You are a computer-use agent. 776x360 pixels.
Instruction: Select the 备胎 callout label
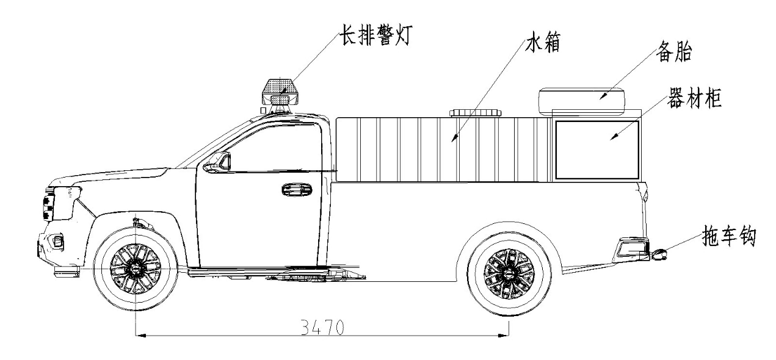(x=674, y=52)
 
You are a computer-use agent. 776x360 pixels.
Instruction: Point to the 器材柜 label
(x=695, y=100)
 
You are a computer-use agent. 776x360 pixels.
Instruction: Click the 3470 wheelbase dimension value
(x=322, y=327)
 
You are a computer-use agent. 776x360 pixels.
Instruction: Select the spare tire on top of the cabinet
(x=584, y=98)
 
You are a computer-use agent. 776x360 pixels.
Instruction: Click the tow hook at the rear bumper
(x=659, y=254)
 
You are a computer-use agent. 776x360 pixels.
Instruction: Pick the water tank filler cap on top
(x=476, y=112)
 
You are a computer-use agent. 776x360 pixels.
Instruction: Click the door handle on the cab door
(x=296, y=189)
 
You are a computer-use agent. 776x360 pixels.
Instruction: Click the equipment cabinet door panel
(x=597, y=149)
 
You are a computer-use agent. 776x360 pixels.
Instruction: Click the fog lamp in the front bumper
(x=56, y=242)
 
